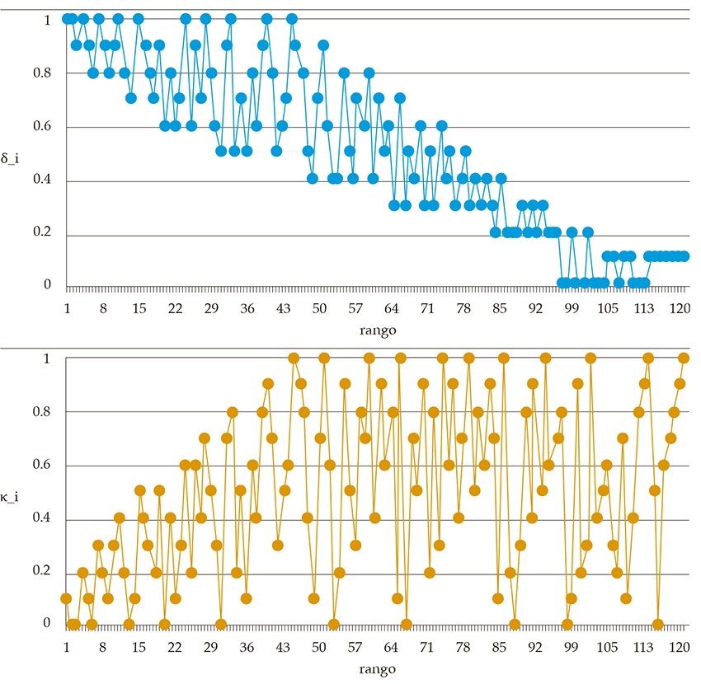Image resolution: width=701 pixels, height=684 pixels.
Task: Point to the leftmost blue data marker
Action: (x=67, y=18)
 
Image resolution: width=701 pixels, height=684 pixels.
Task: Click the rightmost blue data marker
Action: (x=683, y=256)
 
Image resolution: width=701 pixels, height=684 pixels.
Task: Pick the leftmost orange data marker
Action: (x=66, y=598)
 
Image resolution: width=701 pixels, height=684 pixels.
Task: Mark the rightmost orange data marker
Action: (x=683, y=358)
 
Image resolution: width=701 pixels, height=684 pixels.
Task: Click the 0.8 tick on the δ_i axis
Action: (x=40, y=73)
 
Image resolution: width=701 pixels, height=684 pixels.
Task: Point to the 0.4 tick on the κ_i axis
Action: (x=40, y=519)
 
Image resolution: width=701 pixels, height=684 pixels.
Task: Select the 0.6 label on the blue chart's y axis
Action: (x=40, y=127)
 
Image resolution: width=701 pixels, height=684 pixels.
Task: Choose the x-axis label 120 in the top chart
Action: (x=680, y=308)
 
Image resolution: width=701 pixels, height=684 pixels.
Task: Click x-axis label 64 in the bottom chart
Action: (x=392, y=648)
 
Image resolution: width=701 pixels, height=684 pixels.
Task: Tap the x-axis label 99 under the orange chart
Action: (x=572, y=648)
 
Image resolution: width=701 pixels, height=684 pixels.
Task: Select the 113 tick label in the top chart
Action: (x=643, y=308)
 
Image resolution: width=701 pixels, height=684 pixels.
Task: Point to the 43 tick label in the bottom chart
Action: (x=283, y=648)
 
